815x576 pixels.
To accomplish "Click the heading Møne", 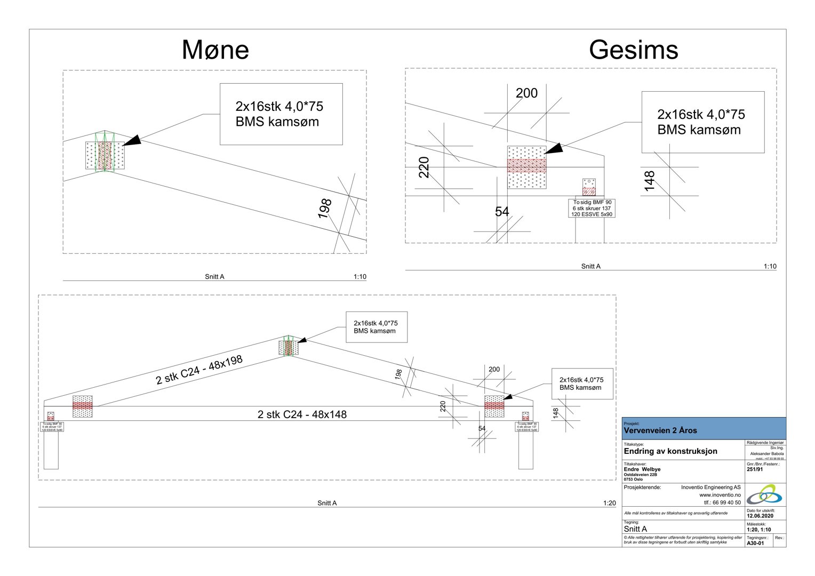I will click(x=215, y=50).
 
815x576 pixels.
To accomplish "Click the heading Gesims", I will click(x=633, y=50).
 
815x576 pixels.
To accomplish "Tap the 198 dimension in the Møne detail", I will click(x=325, y=208).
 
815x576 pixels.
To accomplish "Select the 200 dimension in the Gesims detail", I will click(x=526, y=93).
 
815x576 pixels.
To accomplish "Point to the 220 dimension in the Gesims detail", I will click(x=424, y=167).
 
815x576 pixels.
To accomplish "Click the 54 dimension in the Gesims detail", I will click(x=502, y=212).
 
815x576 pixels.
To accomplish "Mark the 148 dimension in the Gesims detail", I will click(x=649, y=181).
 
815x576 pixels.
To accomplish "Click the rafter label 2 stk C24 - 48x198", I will click(x=199, y=370).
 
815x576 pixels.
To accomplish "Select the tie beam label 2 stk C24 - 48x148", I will click(x=302, y=414).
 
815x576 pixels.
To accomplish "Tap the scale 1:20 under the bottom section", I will click(x=609, y=503).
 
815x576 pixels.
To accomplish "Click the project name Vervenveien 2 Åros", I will click(x=660, y=430).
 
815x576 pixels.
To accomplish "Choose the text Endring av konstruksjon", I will click(x=670, y=451).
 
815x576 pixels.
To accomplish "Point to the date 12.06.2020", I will click(x=760, y=516).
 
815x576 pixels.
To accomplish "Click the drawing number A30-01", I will click(x=755, y=543).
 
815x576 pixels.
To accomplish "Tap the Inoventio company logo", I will click(x=764, y=495).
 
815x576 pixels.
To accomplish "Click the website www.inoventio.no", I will click(x=720, y=495).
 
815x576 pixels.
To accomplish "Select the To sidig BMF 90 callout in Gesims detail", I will click(x=592, y=208).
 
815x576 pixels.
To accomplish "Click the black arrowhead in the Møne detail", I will click(x=132, y=140).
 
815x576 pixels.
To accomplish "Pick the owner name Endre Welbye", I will click(x=642, y=469).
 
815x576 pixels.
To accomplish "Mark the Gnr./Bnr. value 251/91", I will click(x=755, y=469).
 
